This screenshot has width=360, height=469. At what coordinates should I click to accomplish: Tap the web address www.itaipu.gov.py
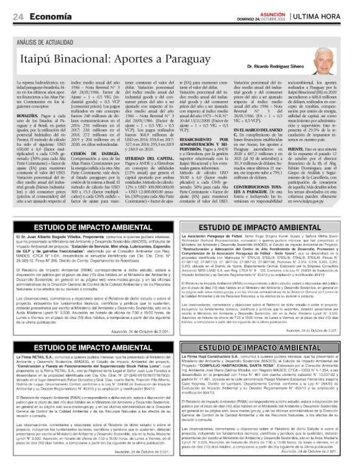point(310,184)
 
